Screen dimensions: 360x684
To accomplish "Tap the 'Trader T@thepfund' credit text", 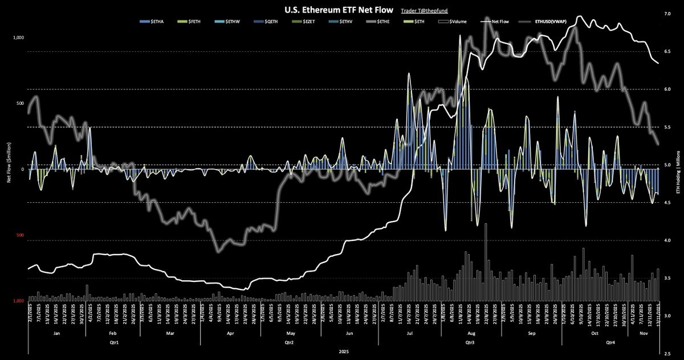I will pyautogui.click(x=418, y=10).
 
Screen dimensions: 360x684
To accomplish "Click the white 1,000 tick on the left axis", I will pyautogui.click(x=18, y=38).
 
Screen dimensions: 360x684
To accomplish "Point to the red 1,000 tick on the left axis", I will pyautogui.click(x=18, y=301).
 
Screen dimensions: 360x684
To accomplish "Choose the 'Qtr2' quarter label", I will pyautogui.click(x=288, y=343).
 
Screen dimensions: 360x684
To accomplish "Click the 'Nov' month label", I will pyautogui.click(x=644, y=333).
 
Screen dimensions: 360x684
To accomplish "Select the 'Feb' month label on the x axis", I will pyautogui.click(x=113, y=333).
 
